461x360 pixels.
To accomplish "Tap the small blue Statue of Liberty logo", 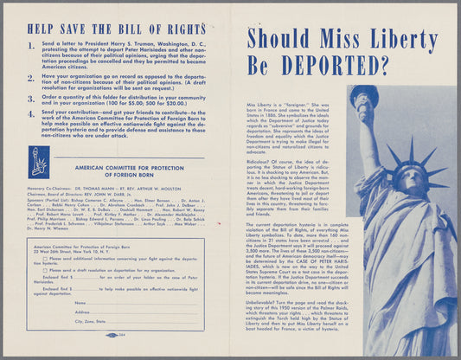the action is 40,162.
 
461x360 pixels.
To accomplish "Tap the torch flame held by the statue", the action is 362,94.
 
